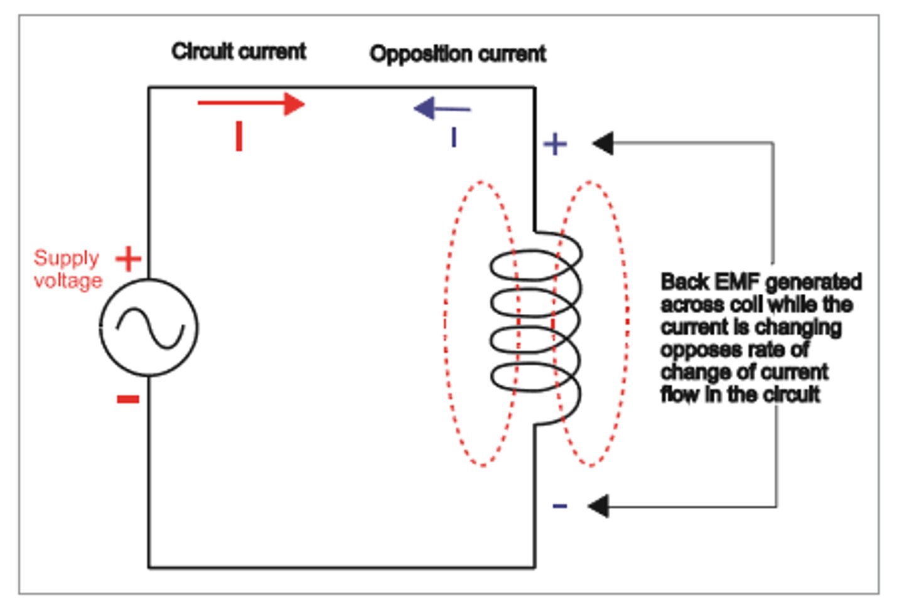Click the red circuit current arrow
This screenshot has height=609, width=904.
(x=251, y=104)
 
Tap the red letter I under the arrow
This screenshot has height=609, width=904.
(x=239, y=136)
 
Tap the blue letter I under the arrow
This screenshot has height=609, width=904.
(x=453, y=137)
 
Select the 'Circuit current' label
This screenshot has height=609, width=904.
(x=239, y=51)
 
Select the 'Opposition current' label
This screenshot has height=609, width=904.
(x=458, y=54)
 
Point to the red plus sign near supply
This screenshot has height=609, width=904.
(x=129, y=259)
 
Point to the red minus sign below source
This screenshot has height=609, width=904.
(x=128, y=399)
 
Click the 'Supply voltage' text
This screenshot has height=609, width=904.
(x=68, y=269)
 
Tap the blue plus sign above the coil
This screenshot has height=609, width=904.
(x=555, y=144)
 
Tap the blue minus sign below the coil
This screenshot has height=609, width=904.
(x=559, y=506)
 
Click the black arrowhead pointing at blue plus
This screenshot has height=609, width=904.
(x=603, y=144)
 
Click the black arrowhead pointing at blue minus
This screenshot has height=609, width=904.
(x=598, y=506)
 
